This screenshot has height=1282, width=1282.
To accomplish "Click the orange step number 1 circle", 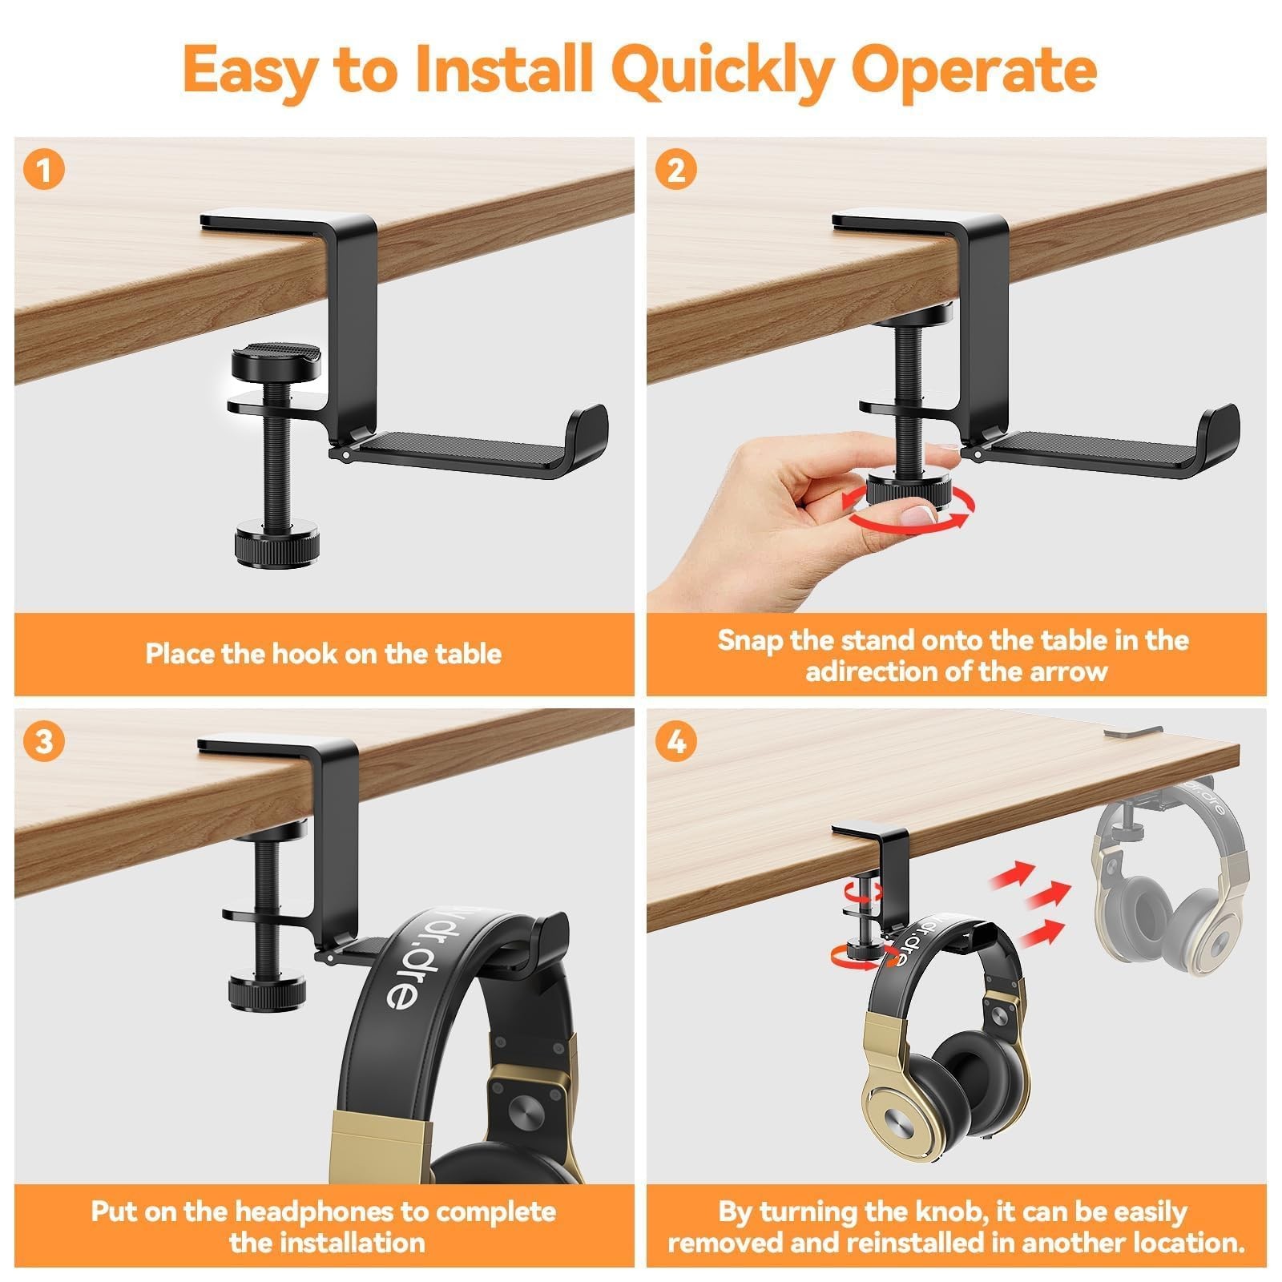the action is point(44,171).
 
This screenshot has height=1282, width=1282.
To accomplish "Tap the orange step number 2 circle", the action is point(676,171).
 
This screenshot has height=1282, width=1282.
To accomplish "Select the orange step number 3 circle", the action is point(44,742).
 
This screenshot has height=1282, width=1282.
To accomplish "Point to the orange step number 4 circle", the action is point(676,742).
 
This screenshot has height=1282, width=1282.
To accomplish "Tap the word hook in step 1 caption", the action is point(302,654).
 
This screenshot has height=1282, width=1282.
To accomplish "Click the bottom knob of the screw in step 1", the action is point(276,547).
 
